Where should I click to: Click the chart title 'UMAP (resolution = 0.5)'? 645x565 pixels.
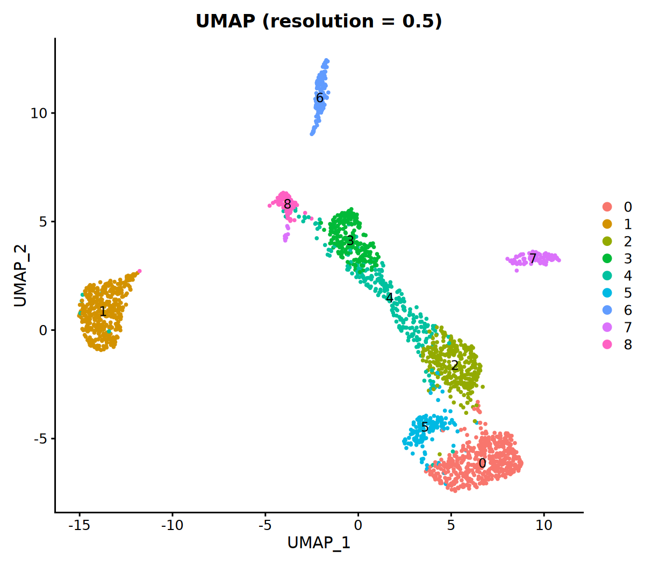(319, 21)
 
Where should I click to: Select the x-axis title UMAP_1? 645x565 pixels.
(319, 542)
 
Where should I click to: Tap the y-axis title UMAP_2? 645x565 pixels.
(20, 276)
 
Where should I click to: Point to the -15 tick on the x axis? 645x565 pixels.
(79, 525)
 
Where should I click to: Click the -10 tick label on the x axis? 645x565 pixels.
(172, 525)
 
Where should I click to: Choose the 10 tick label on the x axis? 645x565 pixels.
(543, 525)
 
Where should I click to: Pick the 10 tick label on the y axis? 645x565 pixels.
(39, 113)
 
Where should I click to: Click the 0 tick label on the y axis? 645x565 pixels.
(44, 330)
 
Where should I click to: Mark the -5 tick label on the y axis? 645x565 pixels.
(41, 439)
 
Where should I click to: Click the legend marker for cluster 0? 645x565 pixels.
(607, 207)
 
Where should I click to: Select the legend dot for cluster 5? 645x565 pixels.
(607, 293)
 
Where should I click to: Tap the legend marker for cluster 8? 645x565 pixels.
(607, 345)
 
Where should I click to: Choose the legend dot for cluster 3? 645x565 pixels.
(607, 259)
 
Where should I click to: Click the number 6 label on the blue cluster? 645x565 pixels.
(320, 98)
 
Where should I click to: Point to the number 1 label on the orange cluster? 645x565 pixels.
(103, 312)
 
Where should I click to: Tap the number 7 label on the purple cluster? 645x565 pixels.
(533, 259)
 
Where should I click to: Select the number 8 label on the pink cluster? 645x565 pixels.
(288, 204)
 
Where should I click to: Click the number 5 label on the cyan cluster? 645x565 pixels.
(425, 428)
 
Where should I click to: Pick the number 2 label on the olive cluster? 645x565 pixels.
(455, 366)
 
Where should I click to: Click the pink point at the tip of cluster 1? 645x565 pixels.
(139, 271)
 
